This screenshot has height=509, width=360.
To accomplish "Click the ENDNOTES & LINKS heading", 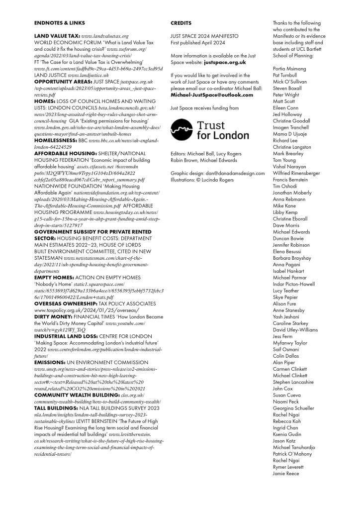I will (x=59, y=23).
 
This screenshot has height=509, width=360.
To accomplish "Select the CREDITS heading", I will (x=180, y=23).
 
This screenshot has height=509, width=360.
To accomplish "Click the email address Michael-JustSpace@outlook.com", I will (x=211, y=94).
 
